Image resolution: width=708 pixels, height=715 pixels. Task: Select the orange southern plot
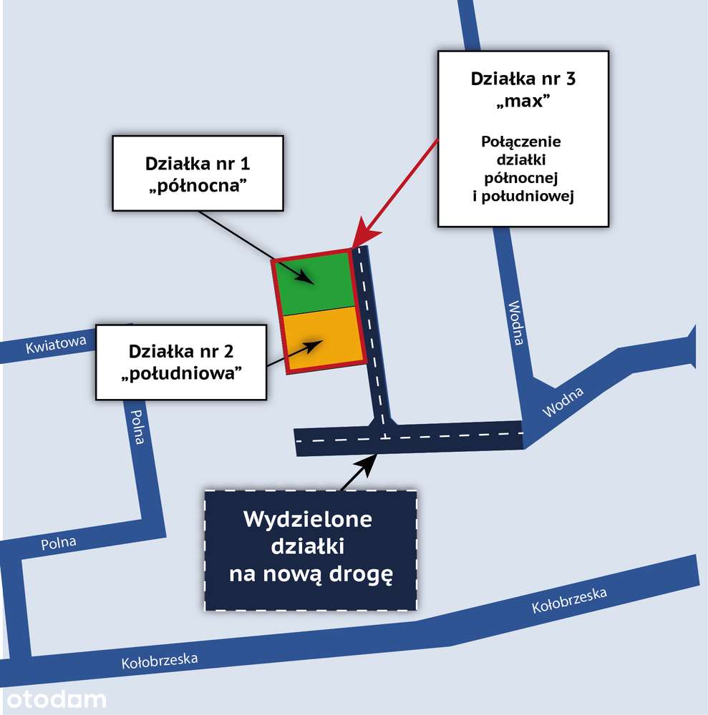(x=324, y=338)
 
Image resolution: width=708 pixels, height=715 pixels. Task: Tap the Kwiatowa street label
(x=56, y=345)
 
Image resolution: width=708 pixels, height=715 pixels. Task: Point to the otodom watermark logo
(x=56, y=700)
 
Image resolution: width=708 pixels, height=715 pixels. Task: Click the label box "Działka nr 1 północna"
(x=198, y=173)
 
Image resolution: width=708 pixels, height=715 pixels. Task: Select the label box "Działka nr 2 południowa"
(x=181, y=363)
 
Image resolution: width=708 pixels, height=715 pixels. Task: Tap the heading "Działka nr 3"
(x=523, y=79)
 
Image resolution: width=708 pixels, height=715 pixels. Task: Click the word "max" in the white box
(x=523, y=100)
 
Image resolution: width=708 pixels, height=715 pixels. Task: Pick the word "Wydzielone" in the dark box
(x=308, y=519)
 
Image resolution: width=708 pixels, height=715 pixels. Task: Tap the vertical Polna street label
(x=137, y=427)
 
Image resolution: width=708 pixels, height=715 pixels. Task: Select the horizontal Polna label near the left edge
(x=59, y=543)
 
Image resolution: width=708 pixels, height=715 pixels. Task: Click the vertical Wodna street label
(x=516, y=323)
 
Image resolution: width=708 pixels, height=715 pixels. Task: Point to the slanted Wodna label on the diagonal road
(x=563, y=402)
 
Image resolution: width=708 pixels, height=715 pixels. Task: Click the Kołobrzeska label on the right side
(x=569, y=600)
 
